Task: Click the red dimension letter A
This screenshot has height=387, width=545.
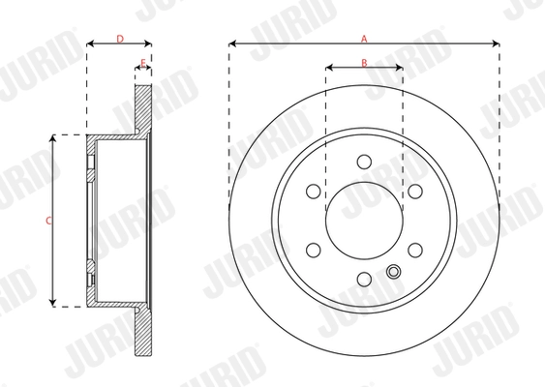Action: click(x=364, y=38)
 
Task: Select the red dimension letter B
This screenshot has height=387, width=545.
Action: click(x=364, y=62)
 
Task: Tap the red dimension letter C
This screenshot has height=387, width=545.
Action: click(x=48, y=221)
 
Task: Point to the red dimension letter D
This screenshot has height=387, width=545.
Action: click(x=119, y=38)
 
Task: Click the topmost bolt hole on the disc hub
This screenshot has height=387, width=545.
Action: click(x=364, y=162)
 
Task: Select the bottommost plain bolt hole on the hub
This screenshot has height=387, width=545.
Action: click(x=364, y=280)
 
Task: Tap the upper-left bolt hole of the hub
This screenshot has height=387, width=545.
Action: click(x=313, y=192)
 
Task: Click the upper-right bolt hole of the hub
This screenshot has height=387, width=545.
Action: click(x=415, y=192)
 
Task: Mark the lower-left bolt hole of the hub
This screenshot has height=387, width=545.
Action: click(x=313, y=251)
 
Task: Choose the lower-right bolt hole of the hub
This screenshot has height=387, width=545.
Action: click(x=415, y=251)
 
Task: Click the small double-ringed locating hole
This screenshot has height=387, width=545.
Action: click(x=393, y=271)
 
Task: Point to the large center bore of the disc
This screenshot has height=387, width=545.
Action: click(x=364, y=221)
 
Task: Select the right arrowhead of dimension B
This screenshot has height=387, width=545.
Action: click(x=400, y=68)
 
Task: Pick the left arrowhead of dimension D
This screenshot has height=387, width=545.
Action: click(x=90, y=44)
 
